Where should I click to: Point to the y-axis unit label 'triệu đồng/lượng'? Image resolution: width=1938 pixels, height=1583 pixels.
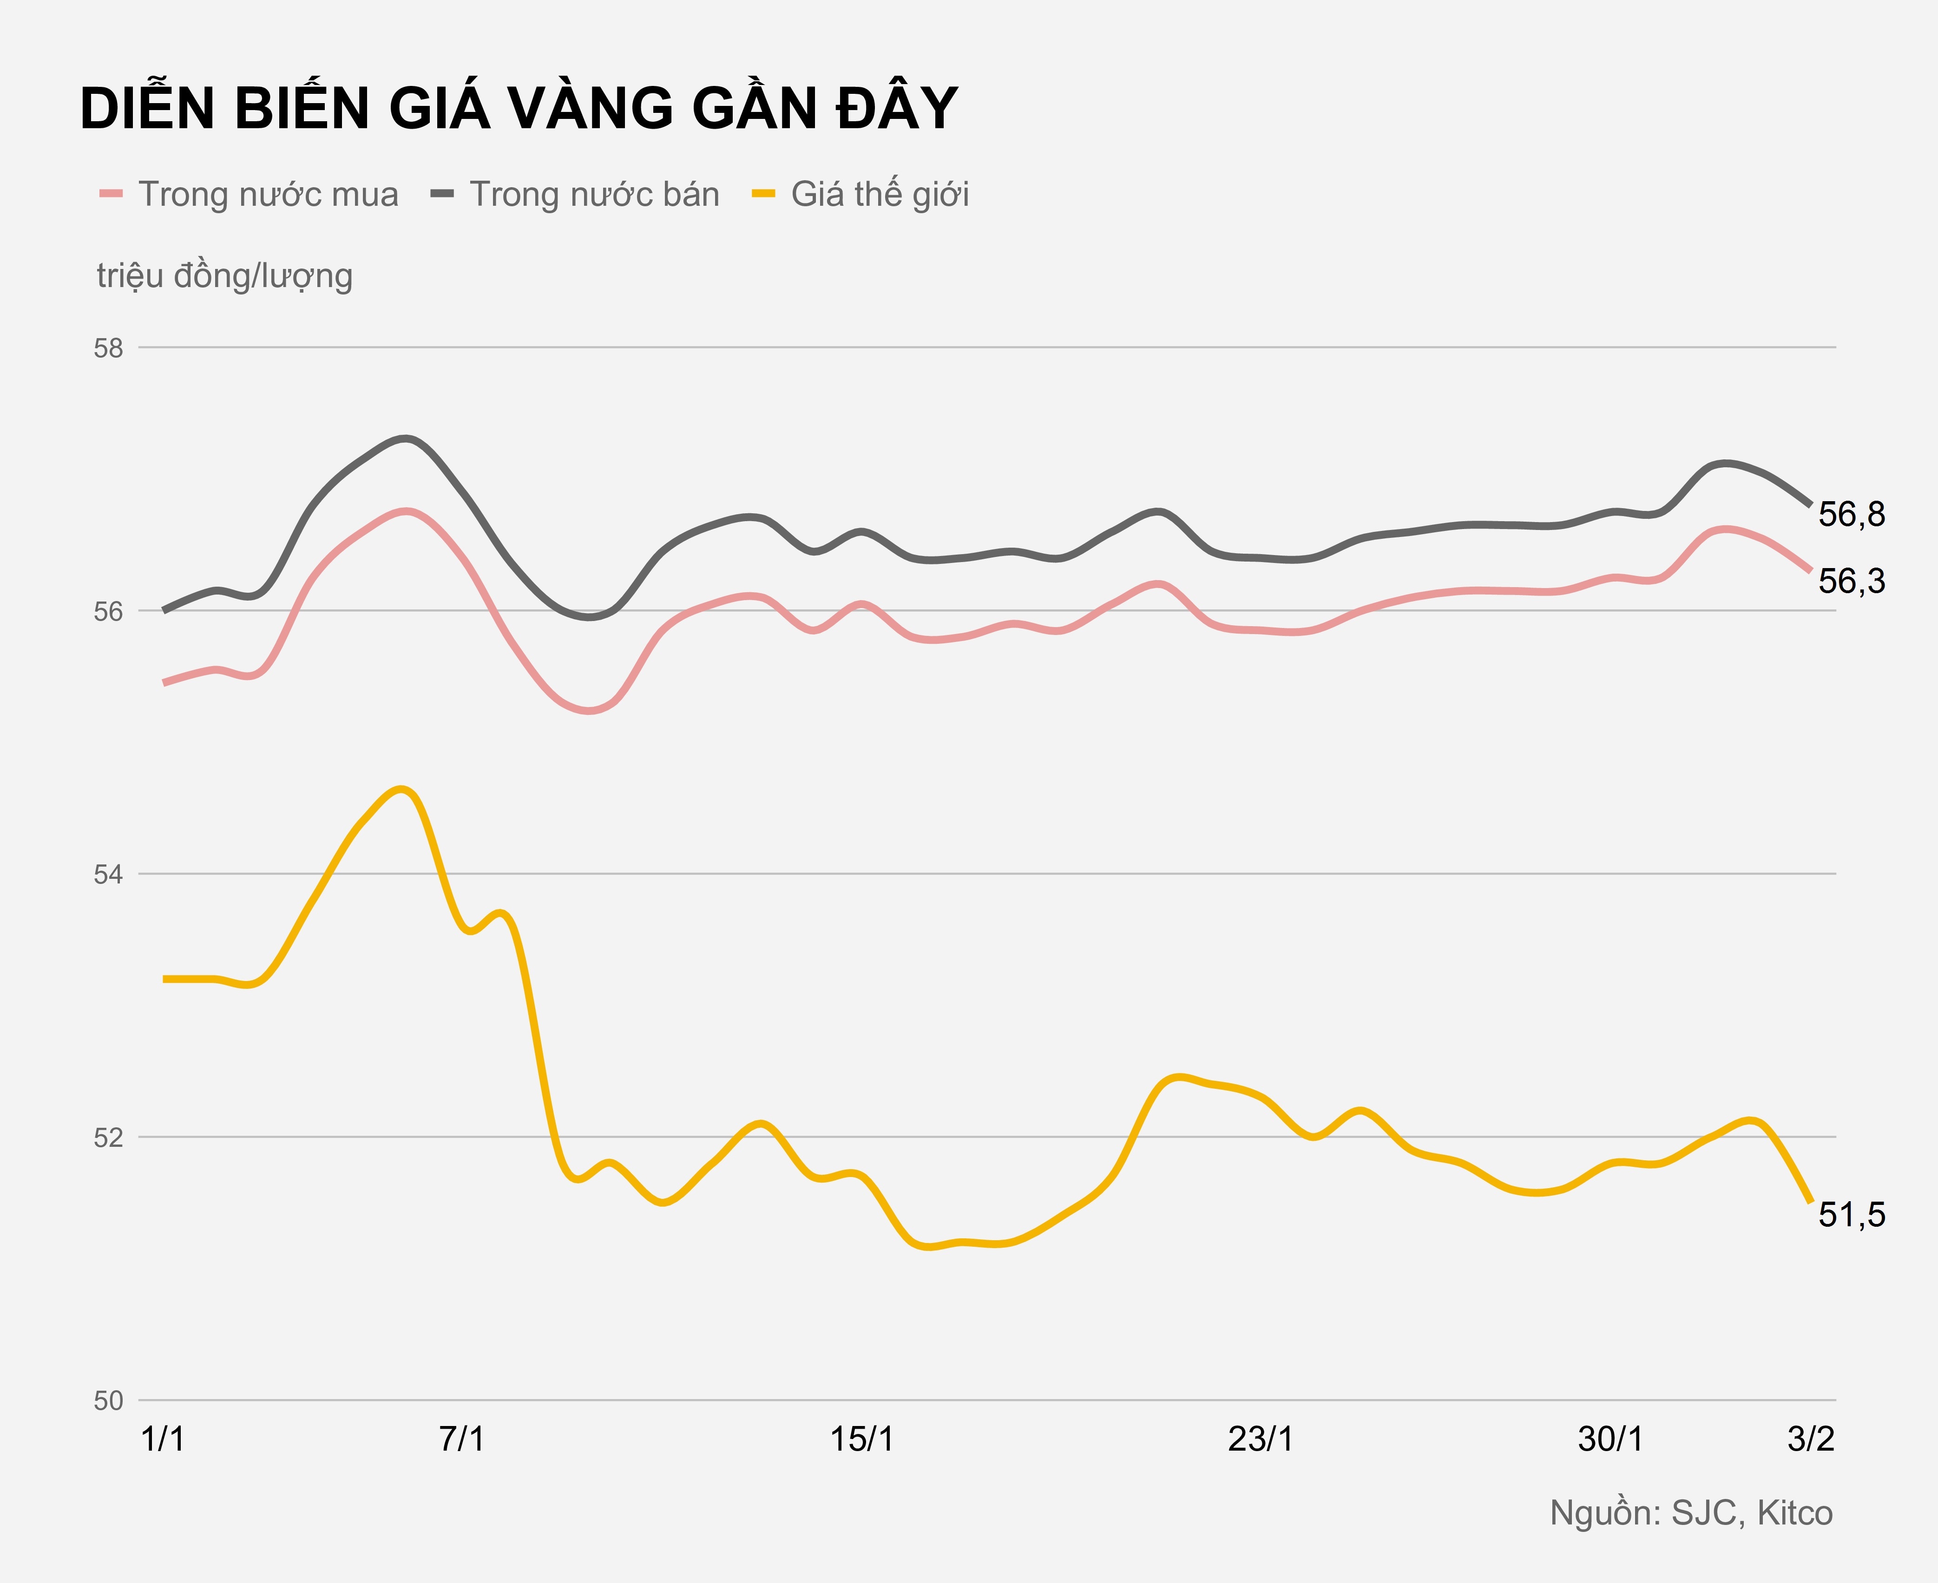(x=224, y=275)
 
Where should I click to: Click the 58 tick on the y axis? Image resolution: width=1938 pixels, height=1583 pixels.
(x=109, y=348)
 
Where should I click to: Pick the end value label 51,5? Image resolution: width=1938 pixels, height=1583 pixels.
(x=1852, y=1215)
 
